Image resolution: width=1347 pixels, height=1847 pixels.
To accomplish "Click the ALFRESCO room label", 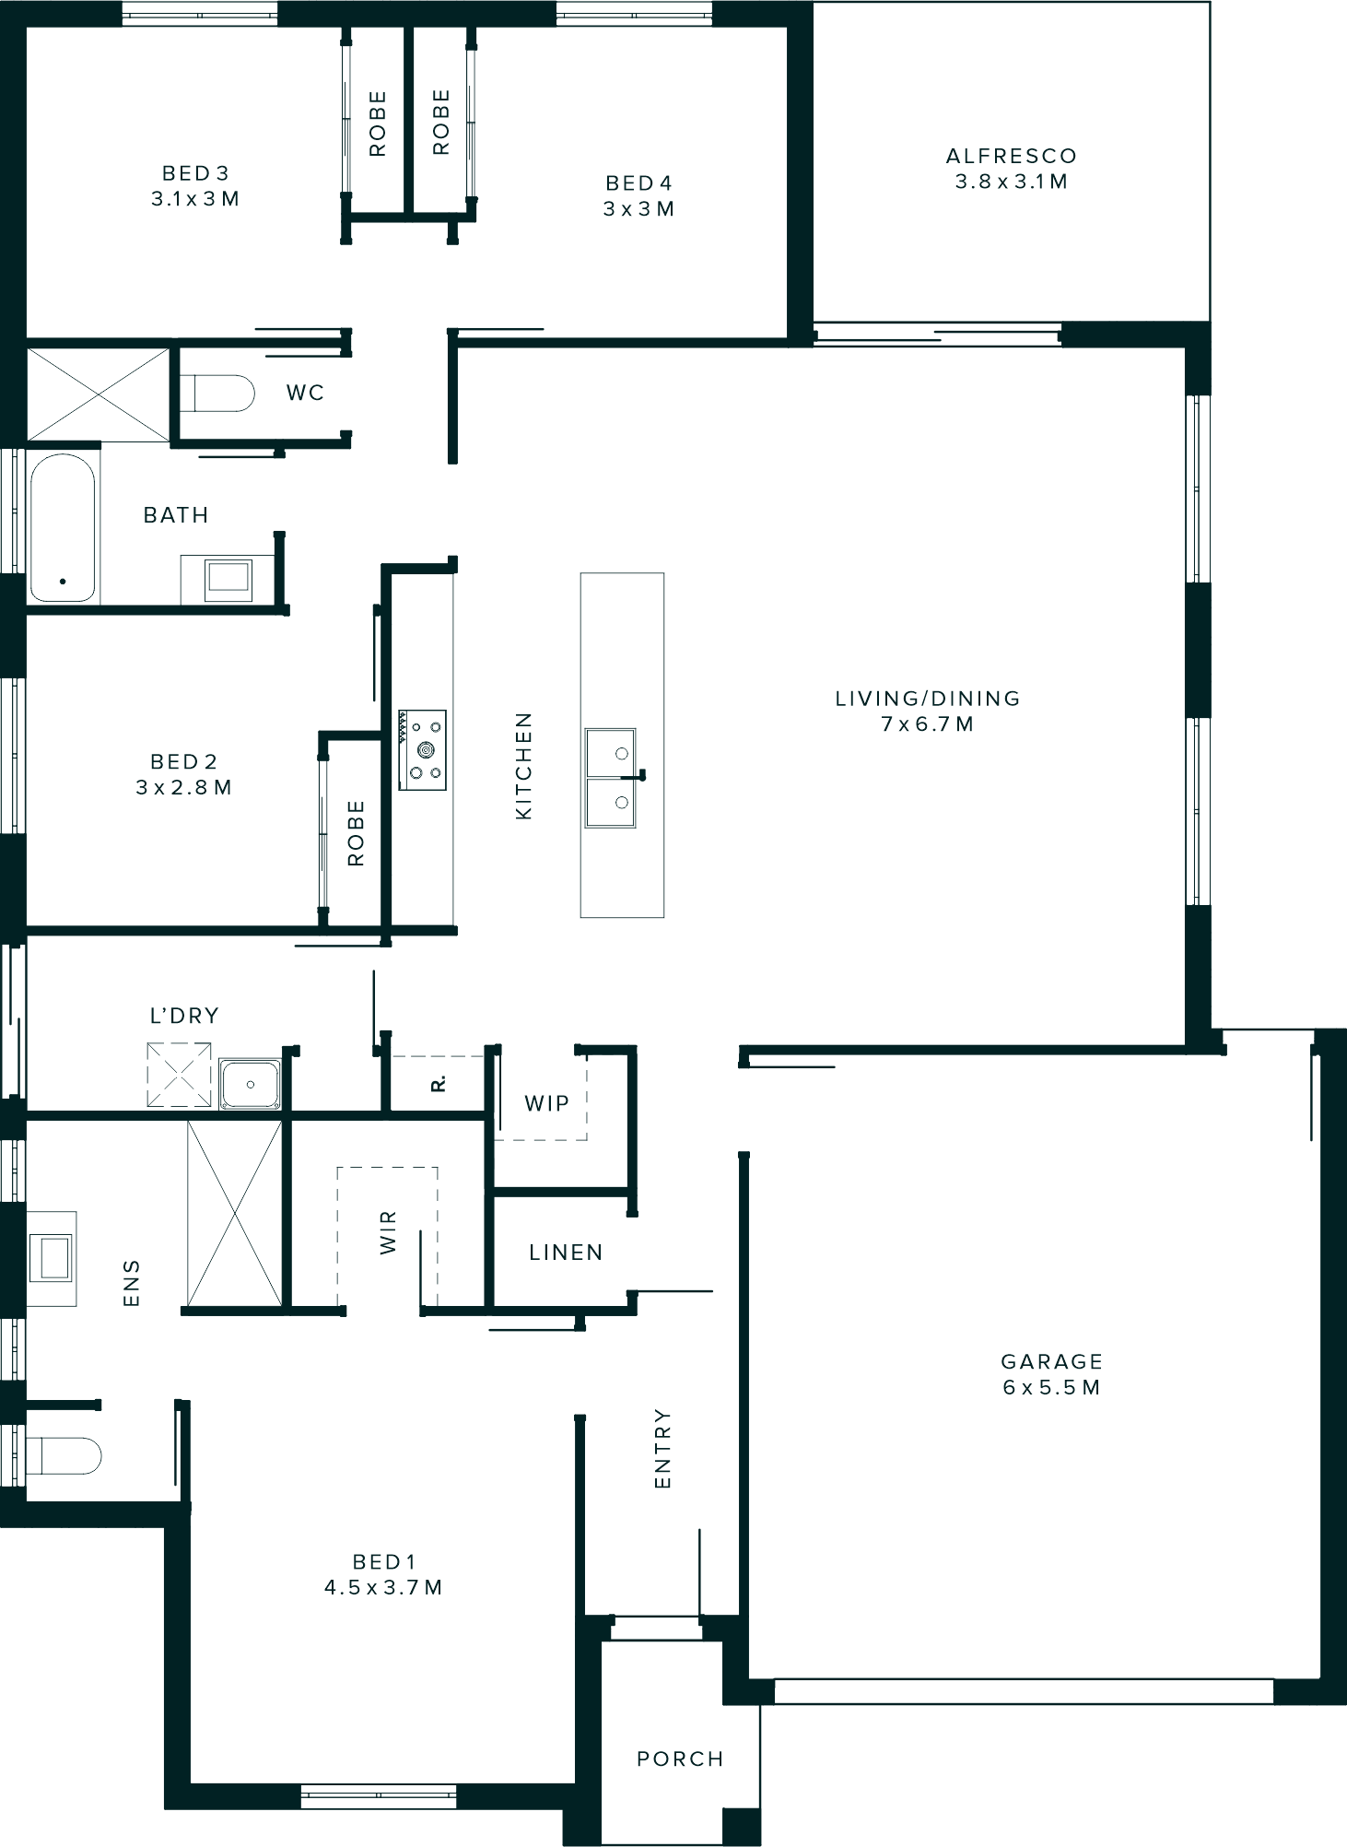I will tap(1011, 157).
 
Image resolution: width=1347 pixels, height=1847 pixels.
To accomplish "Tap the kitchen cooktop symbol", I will tap(422, 750).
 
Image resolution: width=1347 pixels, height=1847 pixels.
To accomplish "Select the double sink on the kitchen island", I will tap(611, 778).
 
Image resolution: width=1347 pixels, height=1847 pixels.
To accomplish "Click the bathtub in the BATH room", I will tap(63, 527).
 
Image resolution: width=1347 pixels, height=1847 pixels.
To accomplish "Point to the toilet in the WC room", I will tap(217, 394).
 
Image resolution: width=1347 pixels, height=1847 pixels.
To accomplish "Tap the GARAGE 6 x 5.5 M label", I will tap(1051, 1374).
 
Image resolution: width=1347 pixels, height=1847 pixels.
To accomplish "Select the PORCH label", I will tap(680, 1759).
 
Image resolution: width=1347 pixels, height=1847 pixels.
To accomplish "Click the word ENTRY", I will tap(662, 1448).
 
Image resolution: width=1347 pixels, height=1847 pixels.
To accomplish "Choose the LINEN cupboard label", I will tap(566, 1253).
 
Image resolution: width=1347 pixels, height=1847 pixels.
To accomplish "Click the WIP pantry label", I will tap(546, 1103).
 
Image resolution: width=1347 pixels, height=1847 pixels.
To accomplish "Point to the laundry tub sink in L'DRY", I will tap(250, 1084).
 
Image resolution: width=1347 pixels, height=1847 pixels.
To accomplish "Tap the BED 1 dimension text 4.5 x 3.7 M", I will tap(383, 1587).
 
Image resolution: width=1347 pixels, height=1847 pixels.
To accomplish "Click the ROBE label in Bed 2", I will tap(356, 833).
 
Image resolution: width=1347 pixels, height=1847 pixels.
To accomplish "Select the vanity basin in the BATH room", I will tap(228, 578).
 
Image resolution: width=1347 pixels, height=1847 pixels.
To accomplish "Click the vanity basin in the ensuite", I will tap(51, 1258).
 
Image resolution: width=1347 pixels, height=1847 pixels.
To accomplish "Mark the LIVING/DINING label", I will tap(927, 699).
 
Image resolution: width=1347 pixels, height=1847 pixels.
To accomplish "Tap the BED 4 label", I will tap(638, 183).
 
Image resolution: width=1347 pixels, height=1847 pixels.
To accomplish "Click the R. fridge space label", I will tap(439, 1083).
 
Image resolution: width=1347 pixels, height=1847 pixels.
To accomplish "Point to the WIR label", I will tap(388, 1233).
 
